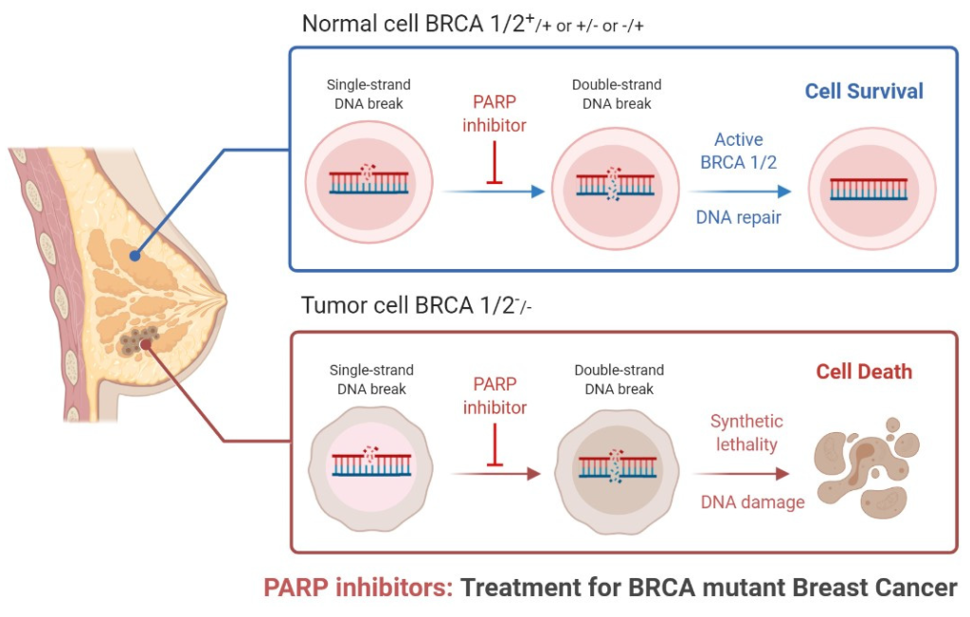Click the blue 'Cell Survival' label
(x=864, y=92)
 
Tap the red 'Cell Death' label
(x=864, y=372)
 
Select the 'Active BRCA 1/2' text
(x=739, y=151)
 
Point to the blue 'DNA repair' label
(x=739, y=217)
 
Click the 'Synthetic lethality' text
(x=746, y=433)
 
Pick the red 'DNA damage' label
(x=752, y=502)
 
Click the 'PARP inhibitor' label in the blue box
(x=494, y=113)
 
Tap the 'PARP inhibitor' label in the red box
(x=494, y=396)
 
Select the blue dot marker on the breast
(x=135, y=256)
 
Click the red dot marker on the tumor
(x=145, y=345)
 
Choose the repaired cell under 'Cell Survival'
(x=871, y=189)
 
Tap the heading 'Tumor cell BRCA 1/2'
(x=417, y=306)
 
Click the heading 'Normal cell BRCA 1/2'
(x=473, y=24)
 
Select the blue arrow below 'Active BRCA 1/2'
(x=740, y=191)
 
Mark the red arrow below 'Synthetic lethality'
(x=742, y=474)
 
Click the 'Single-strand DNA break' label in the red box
(x=371, y=379)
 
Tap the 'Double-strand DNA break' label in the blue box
(x=617, y=94)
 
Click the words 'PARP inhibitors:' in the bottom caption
(x=359, y=588)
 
